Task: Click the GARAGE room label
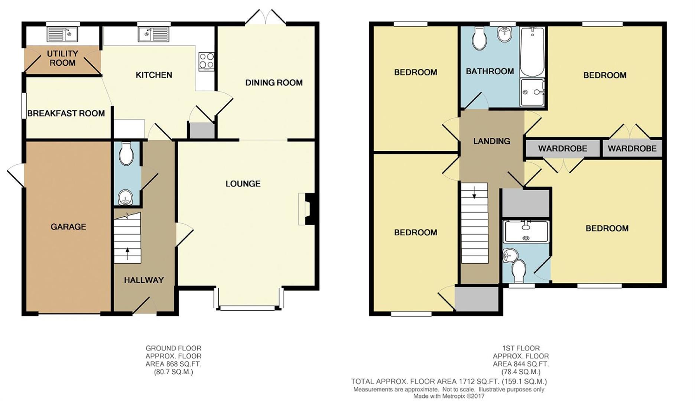68,226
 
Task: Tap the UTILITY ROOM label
62,58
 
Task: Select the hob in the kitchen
207,61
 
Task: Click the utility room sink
62,35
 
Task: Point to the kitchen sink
153,35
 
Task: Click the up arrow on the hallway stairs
127,254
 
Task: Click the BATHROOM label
490,71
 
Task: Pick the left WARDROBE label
562,149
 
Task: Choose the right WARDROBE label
632,149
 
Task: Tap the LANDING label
491,141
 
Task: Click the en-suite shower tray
526,231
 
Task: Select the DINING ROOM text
274,82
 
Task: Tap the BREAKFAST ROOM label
66,113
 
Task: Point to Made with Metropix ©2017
449,396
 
